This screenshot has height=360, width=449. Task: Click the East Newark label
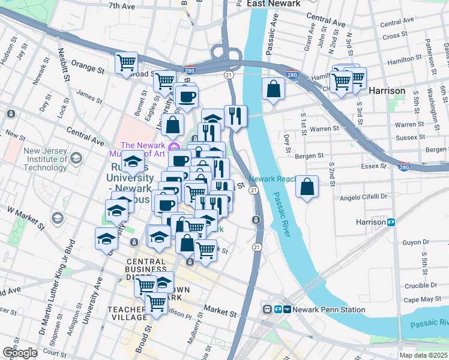tap(273, 4)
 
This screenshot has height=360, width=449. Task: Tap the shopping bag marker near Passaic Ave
tap(274, 89)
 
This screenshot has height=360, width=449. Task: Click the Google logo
tap(20, 352)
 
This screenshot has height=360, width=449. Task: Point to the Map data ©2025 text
tap(424, 355)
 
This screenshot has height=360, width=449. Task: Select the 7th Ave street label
tap(122, 6)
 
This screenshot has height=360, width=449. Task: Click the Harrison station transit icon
tap(391, 222)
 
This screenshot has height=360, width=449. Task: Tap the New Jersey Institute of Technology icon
tap(76, 158)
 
